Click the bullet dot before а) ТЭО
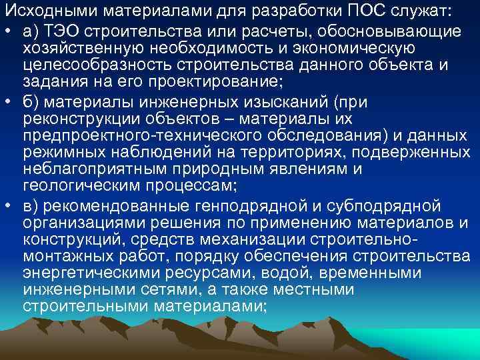(x=9, y=32)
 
